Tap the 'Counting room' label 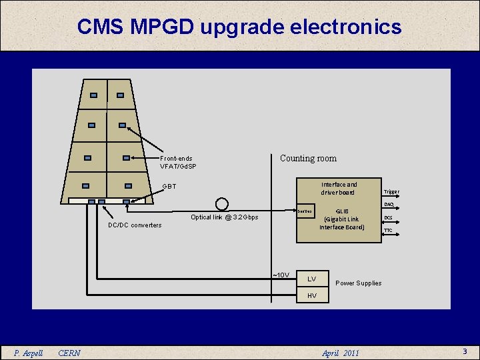coord(308,158)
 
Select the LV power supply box coord(312,278)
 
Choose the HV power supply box coord(312,295)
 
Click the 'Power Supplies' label coord(358,283)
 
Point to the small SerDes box coord(305,211)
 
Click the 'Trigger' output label coord(391,192)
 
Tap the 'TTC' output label coord(388,231)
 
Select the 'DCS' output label coord(388,217)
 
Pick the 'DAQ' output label coord(389,204)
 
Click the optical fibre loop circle coord(221,203)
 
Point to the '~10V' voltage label coord(281,275)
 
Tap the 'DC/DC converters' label coord(135,225)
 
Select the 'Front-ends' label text coord(177,159)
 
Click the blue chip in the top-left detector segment coord(94,95)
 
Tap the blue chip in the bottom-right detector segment coord(129,186)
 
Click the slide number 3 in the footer coord(465,351)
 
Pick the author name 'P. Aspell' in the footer coord(29,353)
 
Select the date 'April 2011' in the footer coord(340,353)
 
